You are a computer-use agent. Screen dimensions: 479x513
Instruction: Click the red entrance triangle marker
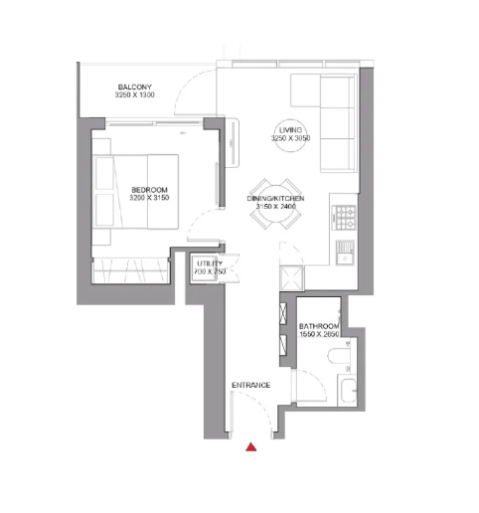pyautogui.click(x=251, y=447)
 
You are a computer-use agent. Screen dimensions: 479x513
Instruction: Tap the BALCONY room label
pyautogui.click(x=135, y=87)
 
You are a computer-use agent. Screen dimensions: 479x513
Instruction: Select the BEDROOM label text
pyautogui.click(x=149, y=190)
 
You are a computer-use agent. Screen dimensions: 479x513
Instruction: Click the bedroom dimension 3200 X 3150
pyautogui.click(x=149, y=198)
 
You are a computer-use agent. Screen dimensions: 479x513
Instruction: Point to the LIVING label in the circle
pyautogui.click(x=290, y=130)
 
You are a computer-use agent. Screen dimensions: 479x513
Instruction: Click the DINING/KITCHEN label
pyautogui.click(x=275, y=199)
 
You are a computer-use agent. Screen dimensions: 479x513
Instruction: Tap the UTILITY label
pyautogui.click(x=210, y=263)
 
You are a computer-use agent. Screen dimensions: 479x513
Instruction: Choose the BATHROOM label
pyautogui.click(x=319, y=326)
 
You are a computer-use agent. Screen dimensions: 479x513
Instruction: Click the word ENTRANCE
pyautogui.click(x=251, y=385)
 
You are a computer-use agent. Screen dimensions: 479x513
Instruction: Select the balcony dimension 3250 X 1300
pyautogui.click(x=135, y=95)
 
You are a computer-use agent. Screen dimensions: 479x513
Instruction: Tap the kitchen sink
pyautogui.click(x=345, y=253)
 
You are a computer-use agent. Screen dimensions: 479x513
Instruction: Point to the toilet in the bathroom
pyautogui.click(x=339, y=356)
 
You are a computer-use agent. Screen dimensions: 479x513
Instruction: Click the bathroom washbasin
pyautogui.click(x=349, y=391)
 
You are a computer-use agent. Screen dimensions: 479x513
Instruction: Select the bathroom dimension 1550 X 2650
pyautogui.click(x=319, y=334)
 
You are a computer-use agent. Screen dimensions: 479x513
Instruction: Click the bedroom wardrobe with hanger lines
pyautogui.click(x=131, y=270)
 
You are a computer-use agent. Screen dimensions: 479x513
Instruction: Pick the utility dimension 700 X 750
pyautogui.click(x=210, y=271)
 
